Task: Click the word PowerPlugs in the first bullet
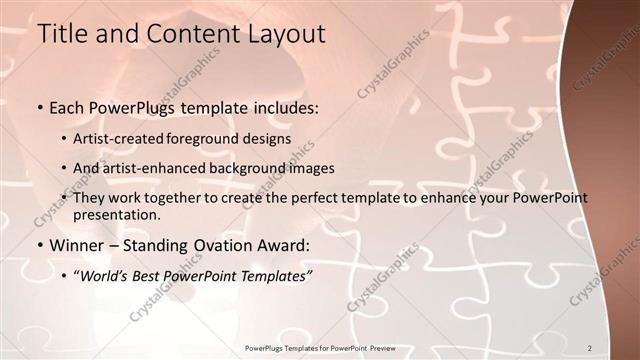(128, 107)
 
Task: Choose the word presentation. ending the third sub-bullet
(116, 215)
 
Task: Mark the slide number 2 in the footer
(591, 347)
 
